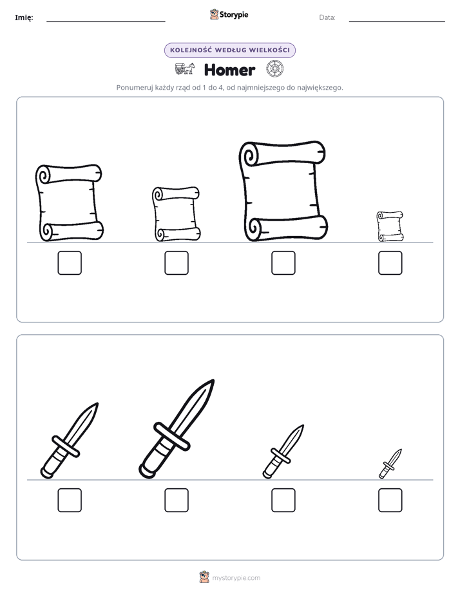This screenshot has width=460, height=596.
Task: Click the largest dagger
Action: point(177,429)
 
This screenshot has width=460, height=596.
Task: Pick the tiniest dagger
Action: point(390,464)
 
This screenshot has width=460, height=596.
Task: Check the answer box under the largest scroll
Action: point(283,263)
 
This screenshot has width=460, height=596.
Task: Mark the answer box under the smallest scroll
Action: point(390,263)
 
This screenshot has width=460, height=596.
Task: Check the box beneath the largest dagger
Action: point(177,501)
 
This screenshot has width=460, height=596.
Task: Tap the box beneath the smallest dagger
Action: point(390,501)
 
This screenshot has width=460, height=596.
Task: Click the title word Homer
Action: point(229,70)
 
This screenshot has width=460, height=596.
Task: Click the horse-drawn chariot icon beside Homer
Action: point(185,69)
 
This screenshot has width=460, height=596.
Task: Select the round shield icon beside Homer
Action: point(275,69)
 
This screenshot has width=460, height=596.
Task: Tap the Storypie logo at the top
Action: point(229,14)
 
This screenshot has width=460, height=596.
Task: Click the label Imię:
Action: point(24,17)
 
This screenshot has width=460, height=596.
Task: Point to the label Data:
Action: point(327,17)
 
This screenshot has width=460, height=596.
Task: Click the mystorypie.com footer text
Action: point(236,578)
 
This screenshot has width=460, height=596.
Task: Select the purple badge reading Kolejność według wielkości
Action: point(229,50)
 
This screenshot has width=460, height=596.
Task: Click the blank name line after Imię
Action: point(106,22)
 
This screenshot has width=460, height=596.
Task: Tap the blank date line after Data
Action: point(397,22)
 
